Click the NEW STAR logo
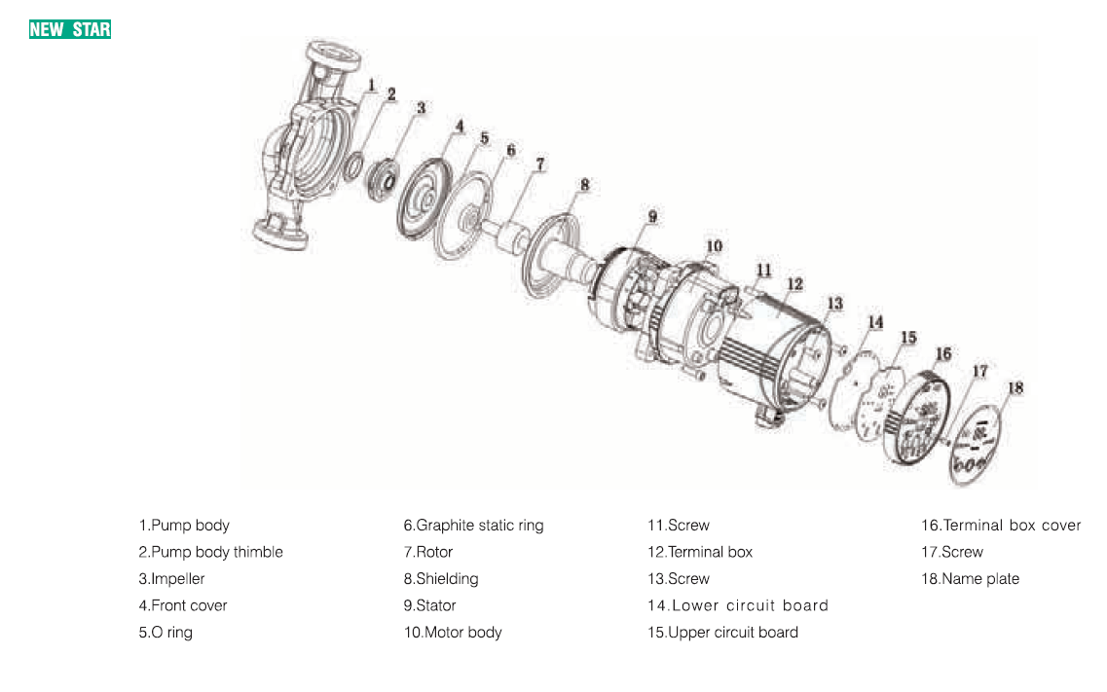70,29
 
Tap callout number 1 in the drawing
371,87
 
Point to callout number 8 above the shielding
584,183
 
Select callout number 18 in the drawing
1015,387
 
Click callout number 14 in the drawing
875,321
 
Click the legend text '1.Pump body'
184,526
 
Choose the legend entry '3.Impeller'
171,579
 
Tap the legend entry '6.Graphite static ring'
473,526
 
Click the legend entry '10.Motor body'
453,633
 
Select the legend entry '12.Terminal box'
700,552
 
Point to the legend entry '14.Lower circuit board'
738,605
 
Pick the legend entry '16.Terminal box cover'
1001,526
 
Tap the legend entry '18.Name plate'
970,579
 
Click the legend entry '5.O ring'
166,633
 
